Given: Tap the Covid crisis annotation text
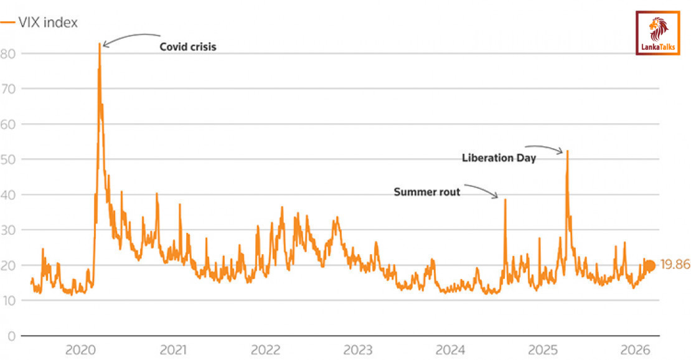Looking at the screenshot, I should tap(187, 47).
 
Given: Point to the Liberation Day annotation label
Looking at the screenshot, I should tap(499, 158).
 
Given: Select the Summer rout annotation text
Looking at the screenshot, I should tap(427, 192).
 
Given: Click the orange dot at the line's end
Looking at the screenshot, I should tap(649, 266).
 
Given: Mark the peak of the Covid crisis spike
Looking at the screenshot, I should tap(100, 44).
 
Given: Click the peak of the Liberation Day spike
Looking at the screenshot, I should tap(567, 151).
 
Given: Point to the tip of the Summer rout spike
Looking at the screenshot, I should tap(505, 200).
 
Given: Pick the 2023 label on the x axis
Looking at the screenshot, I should tap(360, 350).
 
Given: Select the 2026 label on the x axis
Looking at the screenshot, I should tap(638, 350).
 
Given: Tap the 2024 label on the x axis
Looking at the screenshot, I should tap(453, 350).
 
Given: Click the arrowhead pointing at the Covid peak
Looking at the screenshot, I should tap(105, 45).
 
